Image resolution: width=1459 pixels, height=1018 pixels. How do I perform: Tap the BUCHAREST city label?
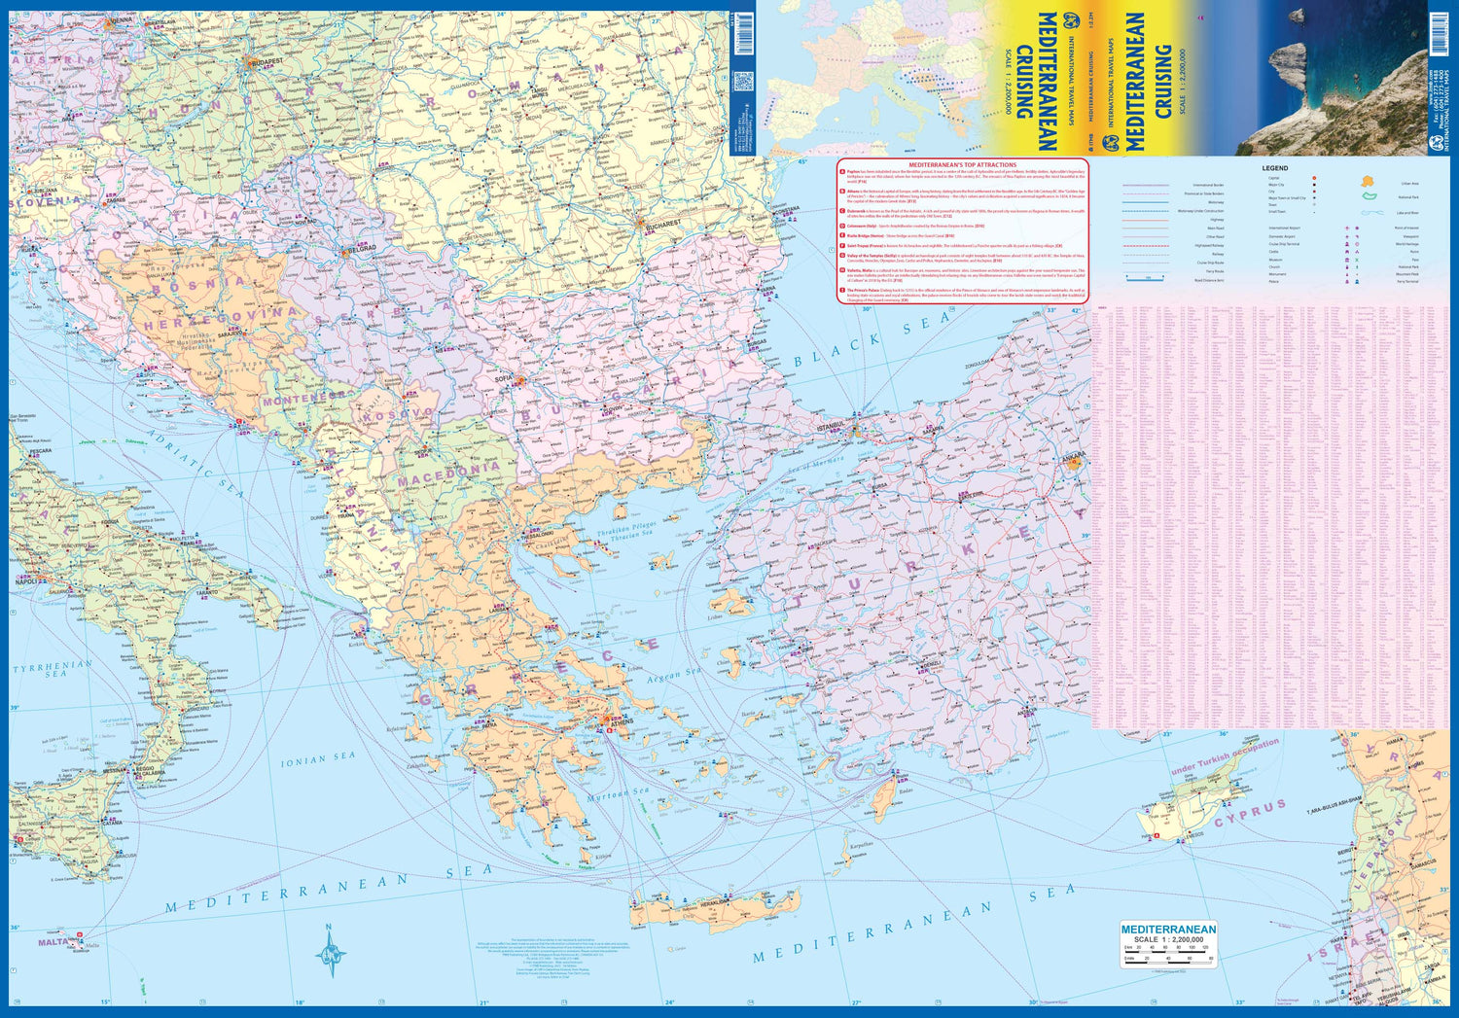coord(664,225)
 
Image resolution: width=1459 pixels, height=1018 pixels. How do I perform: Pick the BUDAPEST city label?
coord(265,61)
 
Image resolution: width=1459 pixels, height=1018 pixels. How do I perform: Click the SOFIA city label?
coord(504,377)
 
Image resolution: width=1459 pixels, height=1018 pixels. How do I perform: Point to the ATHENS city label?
coord(620,722)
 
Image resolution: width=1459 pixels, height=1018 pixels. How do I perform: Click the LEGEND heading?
coord(1274,168)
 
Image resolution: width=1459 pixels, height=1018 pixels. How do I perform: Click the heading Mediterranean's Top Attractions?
coord(962,165)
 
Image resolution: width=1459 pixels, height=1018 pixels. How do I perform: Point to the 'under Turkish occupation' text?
coord(1225,757)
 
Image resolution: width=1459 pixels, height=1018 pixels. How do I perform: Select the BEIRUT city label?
coord(1347,852)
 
